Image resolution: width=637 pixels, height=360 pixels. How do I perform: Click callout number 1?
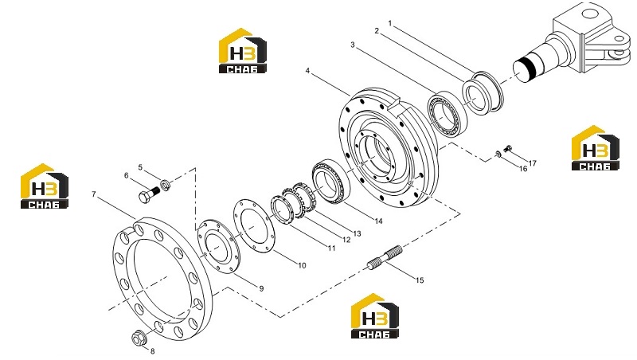tap(390, 23)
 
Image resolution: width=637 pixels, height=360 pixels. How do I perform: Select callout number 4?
tap(307, 71)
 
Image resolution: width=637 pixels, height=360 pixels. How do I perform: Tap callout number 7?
tap(94, 194)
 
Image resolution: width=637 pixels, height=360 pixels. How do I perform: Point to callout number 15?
tap(420, 280)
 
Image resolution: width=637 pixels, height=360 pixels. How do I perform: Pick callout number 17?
tap(532, 163)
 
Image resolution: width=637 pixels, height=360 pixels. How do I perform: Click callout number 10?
tap(302, 265)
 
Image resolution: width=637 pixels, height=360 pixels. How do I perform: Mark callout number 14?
tap(379, 221)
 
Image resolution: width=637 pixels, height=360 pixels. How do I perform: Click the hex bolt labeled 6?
tap(149, 194)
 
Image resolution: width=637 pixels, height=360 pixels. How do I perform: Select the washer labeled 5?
tap(166, 186)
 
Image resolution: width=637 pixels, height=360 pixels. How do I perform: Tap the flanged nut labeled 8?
tap(139, 337)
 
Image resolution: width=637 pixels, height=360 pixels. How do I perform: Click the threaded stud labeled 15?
tap(385, 256)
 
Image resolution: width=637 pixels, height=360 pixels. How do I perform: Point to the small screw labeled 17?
tap(507, 149)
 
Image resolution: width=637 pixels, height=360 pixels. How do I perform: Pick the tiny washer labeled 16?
tap(498, 154)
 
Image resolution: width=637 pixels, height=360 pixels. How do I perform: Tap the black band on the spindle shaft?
tap(528, 65)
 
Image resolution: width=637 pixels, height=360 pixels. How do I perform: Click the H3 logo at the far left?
tap(45, 186)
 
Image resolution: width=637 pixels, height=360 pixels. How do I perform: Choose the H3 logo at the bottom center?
tap(374, 316)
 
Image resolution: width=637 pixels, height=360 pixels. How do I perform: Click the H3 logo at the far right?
tap(596, 148)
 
